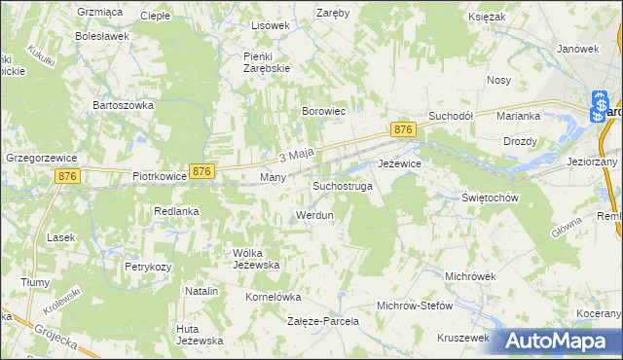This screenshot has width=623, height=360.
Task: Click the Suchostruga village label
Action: [x=342, y=185]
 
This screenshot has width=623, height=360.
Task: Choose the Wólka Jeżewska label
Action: [x=257, y=259]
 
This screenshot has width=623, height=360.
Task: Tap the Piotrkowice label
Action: [x=160, y=178]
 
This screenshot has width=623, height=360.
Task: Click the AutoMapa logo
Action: [x=559, y=341]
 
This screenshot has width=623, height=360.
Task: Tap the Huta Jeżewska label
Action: [x=200, y=335]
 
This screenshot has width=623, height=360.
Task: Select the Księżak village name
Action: [x=512, y=18]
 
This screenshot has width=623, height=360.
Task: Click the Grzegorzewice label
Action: [x=39, y=155]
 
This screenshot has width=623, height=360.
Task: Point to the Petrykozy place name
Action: [x=148, y=266]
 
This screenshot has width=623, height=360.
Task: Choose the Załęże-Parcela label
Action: [x=323, y=320]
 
